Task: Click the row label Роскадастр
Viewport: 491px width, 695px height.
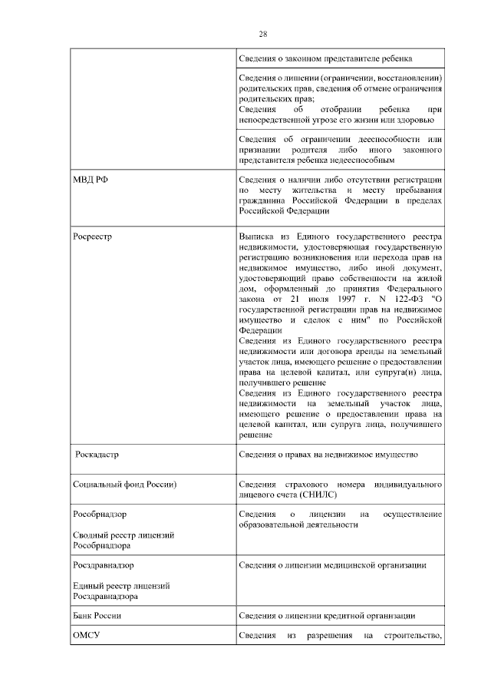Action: tap(97, 455)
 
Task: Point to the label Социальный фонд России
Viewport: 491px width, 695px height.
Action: tap(125, 486)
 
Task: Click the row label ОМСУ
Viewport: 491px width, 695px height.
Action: tap(86, 637)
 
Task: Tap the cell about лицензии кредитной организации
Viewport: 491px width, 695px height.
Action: tap(327, 615)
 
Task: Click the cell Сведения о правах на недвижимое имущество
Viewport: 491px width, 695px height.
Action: tap(328, 455)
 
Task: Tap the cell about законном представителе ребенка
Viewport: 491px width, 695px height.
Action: tap(325, 58)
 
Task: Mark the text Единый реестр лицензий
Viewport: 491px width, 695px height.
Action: tap(121, 585)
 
